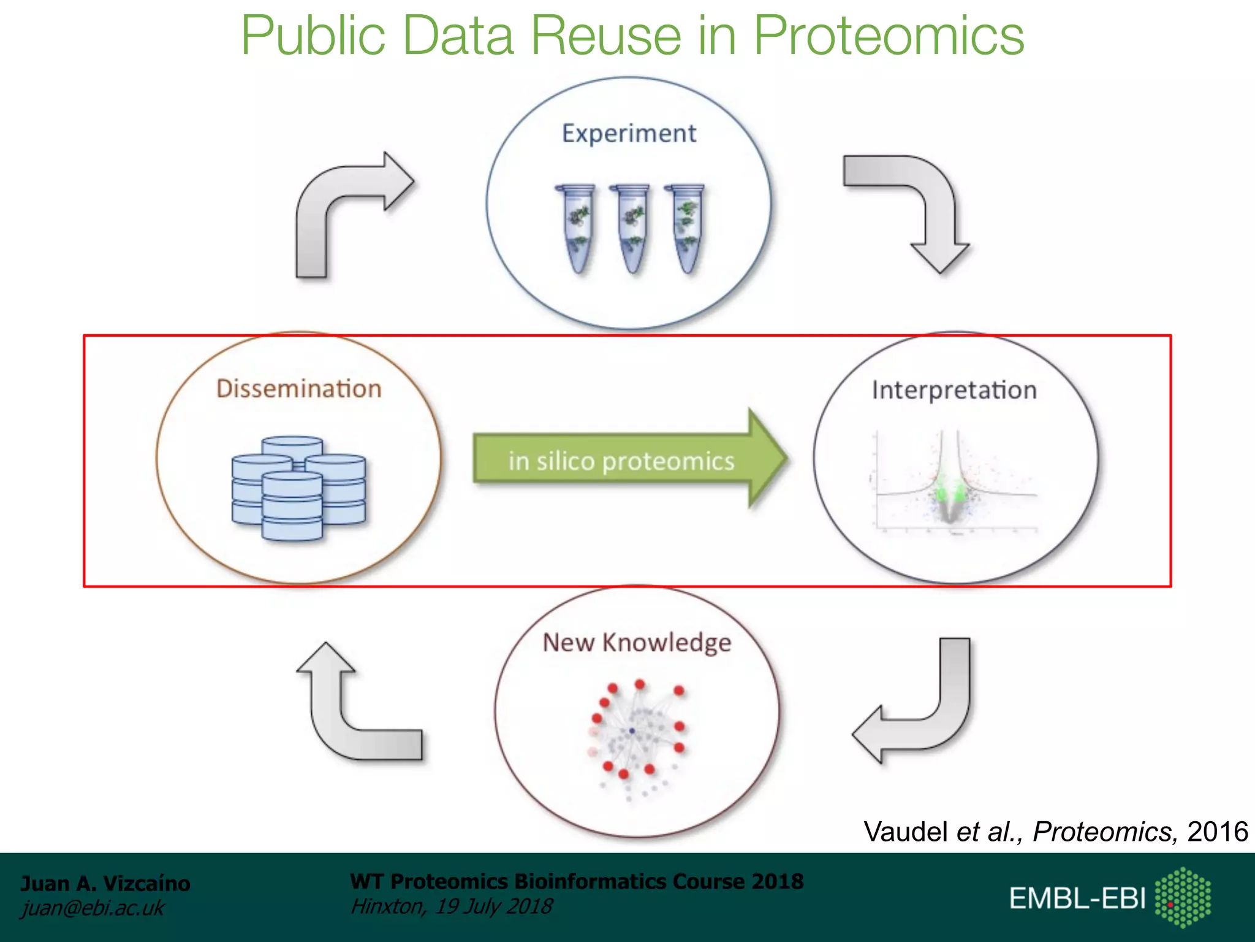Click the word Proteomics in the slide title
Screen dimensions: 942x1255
click(889, 36)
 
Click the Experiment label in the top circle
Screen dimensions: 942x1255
click(629, 134)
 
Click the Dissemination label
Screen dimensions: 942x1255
click(299, 389)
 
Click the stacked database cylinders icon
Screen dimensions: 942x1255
click(298, 488)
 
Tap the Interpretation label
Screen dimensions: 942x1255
click(954, 390)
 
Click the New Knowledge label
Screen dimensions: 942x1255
click(637, 643)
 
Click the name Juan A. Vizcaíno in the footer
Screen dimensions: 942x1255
click(105, 883)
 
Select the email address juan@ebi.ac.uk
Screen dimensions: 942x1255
click(93, 908)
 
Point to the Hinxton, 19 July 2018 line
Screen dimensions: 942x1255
click(451, 906)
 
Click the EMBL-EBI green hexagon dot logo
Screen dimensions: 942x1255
click(1183, 897)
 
